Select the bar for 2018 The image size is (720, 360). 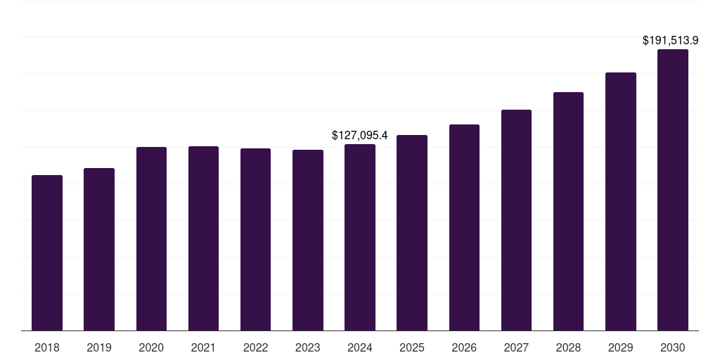pyautogui.click(x=47, y=253)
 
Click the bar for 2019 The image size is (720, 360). pyautogui.click(x=99, y=250)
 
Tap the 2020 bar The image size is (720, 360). pyautogui.click(x=152, y=239)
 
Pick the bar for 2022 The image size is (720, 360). pyautogui.click(x=255, y=240)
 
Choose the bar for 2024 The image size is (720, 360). pyautogui.click(x=360, y=238)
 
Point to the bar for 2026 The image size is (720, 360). pyautogui.click(x=464, y=228)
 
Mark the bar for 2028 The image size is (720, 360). pyautogui.click(x=568, y=212)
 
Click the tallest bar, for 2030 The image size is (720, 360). pyautogui.click(x=673, y=190)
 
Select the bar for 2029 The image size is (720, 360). pyautogui.click(x=621, y=202)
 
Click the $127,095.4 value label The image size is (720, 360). pyautogui.click(x=359, y=136)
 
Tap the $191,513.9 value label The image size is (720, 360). pyautogui.click(x=670, y=40)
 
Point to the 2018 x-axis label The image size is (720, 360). pyautogui.click(x=47, y=347)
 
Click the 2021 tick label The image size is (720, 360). pyautogui.click(x=203, y=347)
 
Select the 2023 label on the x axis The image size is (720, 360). pyautogui.click(x=308, y=347)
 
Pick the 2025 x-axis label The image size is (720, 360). pyautogui.click(x=412, y=347)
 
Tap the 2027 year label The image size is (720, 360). pyautogui.click(x=516, y=347)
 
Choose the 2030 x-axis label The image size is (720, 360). pyautogui.click(x=673, y=347)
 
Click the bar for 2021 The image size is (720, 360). pyautogui.click(x=203, y=239)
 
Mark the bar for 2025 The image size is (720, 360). pyautogui.click(x=412, y=233)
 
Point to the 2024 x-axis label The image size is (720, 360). pyautogui.click(x=360, y=347)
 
